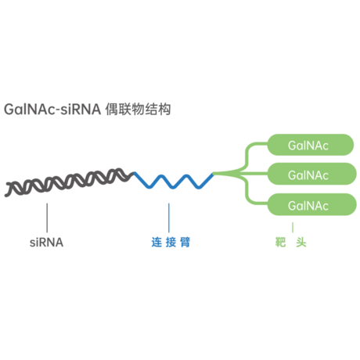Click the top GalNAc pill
(x=311, y=145)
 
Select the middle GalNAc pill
(x=311, y=174)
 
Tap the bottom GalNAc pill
(x=311, y=204)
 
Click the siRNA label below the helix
(x=46, y=243)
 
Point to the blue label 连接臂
(x=171, y=242)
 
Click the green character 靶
(x=281, y=242)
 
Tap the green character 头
(x=301, y=242)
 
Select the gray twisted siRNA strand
(x=69, y=182)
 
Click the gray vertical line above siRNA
(x=47, y=218)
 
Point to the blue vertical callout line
(x=169, y=218)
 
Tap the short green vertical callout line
(x=293, y=227)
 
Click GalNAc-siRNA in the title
(x=52, y=109)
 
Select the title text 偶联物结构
(x=138, y=109)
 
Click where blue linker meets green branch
(x=213, y=174)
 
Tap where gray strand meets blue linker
(x=134, y=173)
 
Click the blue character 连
(x=157, y=242)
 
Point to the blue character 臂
(x=185, y=242)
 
